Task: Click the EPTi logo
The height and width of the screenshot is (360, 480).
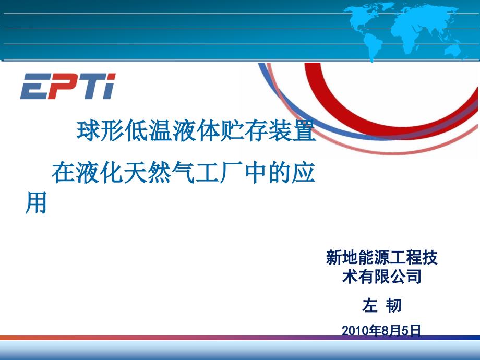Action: (x=68, y=86)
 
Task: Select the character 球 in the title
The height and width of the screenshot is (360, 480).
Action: (x=88, y=131)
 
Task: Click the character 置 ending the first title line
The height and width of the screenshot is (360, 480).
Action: (x=304, y=131)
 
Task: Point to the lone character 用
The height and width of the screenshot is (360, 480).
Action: (x=36, y=202)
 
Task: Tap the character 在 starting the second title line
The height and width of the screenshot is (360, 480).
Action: (x=64, y=173)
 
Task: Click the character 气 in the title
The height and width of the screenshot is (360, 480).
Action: (x=184, y=173)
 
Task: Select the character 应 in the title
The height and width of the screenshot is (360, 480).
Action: (x=304, y=173)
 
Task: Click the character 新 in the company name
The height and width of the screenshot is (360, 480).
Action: (x=334, y=257)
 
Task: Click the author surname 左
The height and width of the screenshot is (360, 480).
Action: (x=370, y=306)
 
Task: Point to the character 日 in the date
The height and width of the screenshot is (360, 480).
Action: (x=415, y=331)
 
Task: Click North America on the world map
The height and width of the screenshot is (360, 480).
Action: (x=361, y=19)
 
